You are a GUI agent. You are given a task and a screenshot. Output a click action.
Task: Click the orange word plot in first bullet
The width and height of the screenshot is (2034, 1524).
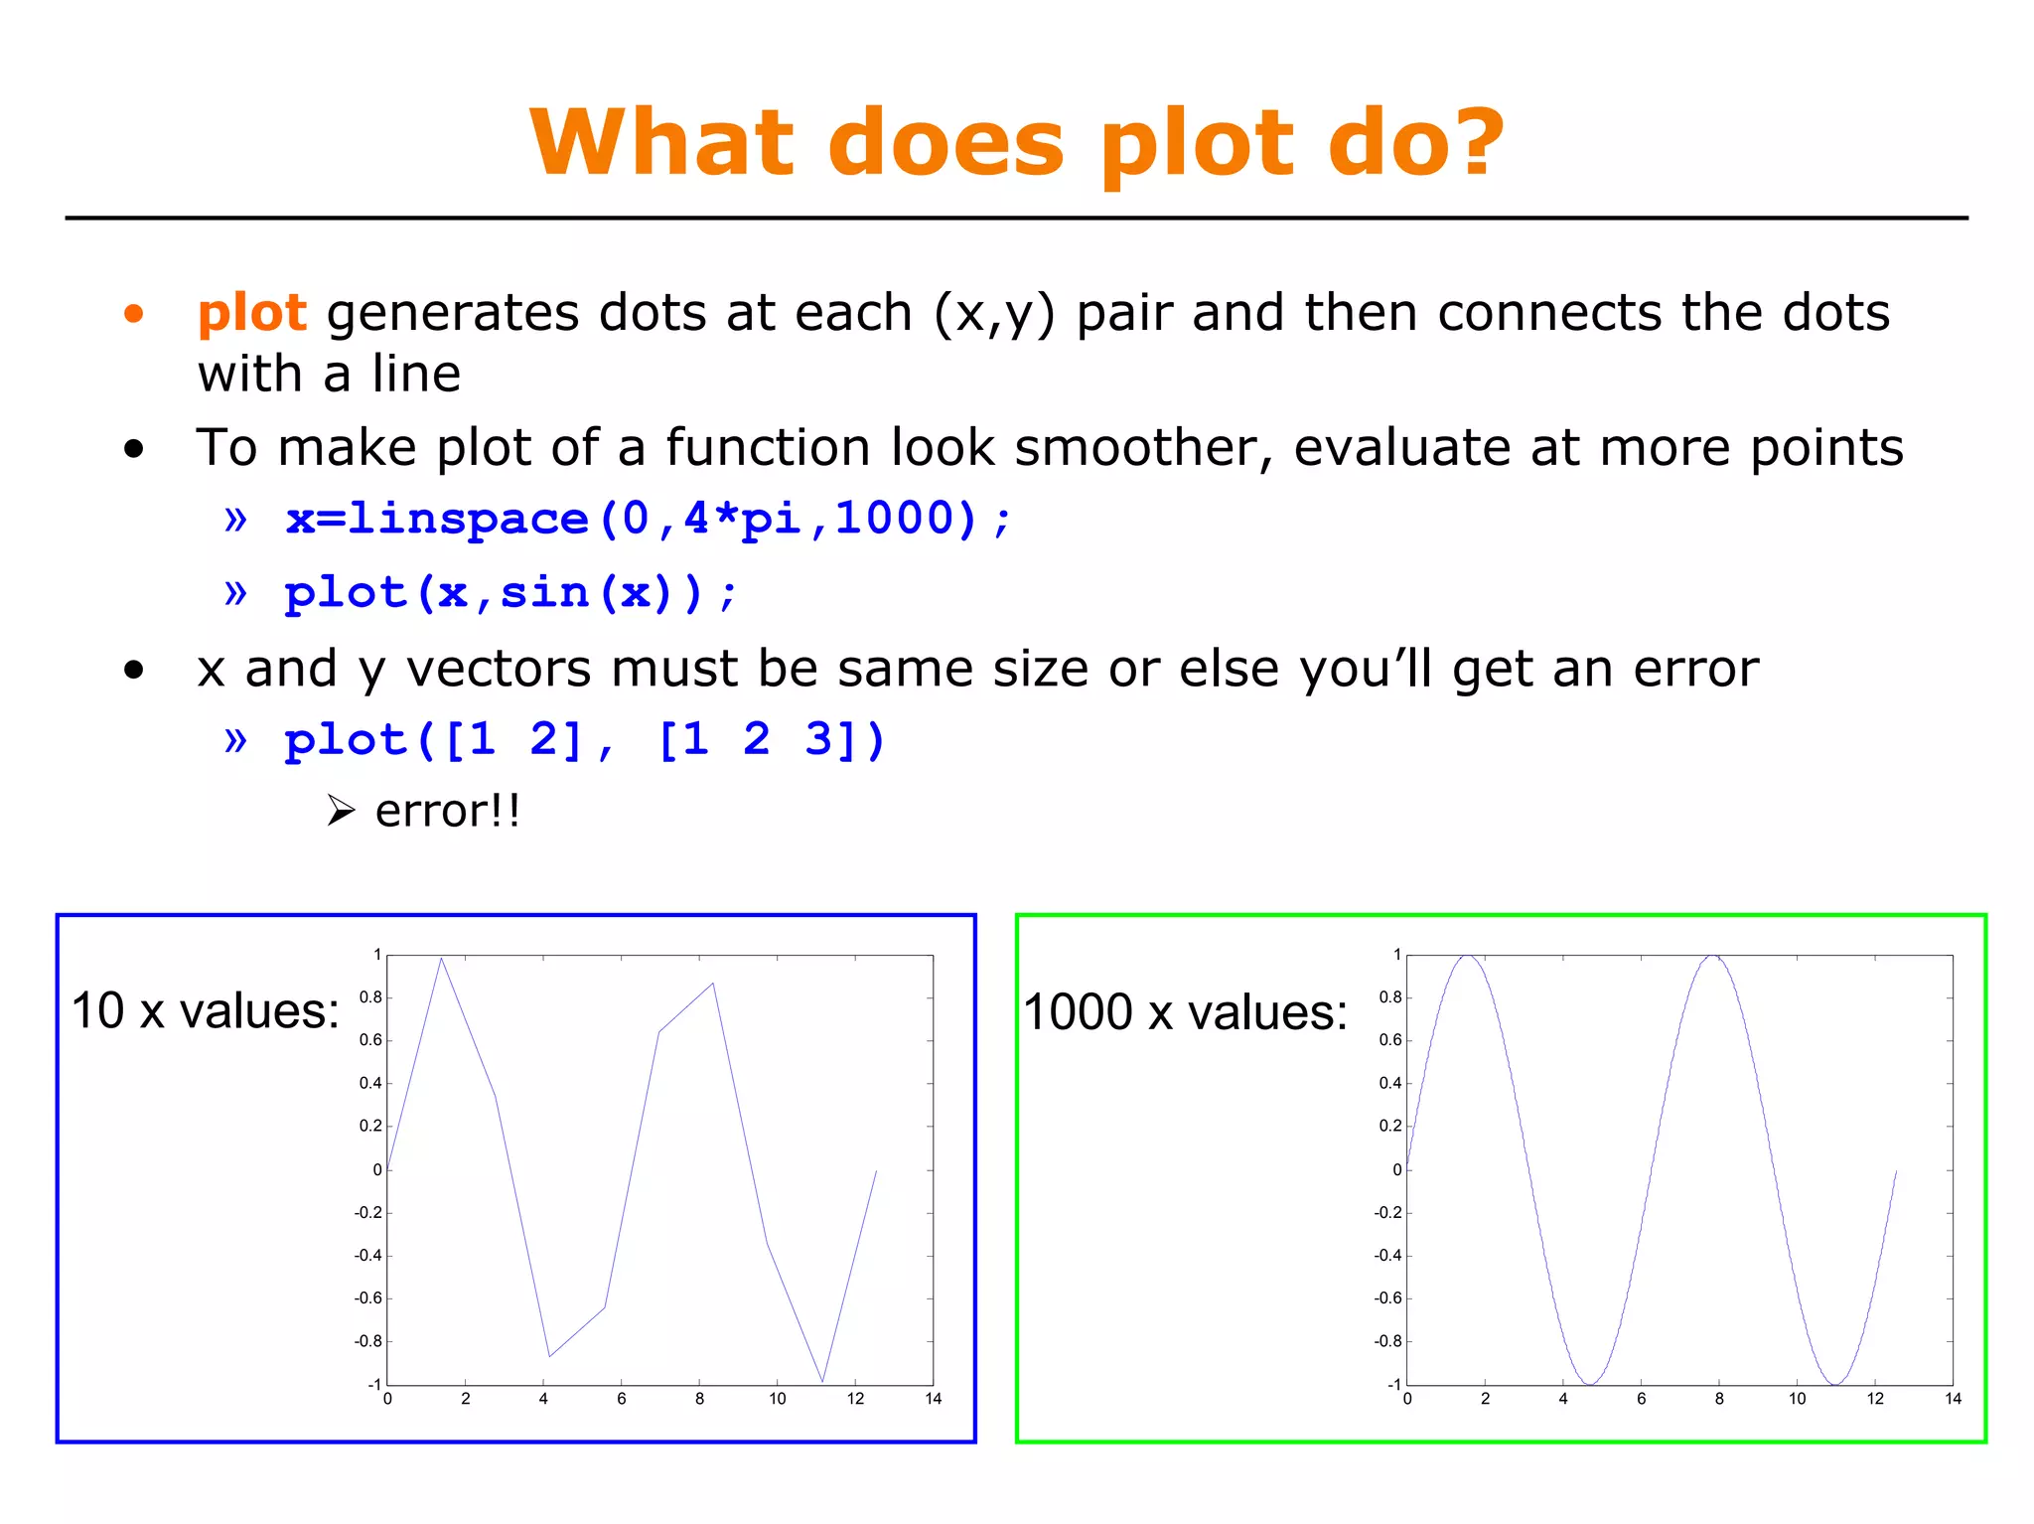[251, 313]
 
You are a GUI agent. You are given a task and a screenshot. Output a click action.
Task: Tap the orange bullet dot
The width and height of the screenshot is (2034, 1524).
[134, 315]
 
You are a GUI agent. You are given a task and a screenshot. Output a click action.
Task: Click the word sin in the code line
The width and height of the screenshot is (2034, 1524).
[544, 593]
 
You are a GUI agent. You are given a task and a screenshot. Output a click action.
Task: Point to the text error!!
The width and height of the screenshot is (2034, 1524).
[447, 811]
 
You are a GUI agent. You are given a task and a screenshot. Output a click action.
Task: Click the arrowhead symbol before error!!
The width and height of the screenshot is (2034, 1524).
[341, 811]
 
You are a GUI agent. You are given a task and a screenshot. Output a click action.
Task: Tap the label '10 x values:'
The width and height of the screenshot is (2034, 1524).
[205, 1011]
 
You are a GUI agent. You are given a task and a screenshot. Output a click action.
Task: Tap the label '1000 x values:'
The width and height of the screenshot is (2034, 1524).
[1185, 1012]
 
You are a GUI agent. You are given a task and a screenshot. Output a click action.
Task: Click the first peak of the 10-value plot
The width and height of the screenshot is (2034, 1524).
[441, 959]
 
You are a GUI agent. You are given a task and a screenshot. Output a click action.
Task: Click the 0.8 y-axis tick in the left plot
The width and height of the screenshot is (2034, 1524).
[369, 997]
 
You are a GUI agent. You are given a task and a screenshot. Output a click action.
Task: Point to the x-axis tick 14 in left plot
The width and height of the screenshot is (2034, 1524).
[933, 1399]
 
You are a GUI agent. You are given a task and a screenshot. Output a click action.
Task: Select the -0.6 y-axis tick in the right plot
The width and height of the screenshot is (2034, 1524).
[1387, 1298]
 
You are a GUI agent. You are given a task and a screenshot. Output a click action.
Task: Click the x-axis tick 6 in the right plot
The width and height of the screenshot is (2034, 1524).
[1641, 1399]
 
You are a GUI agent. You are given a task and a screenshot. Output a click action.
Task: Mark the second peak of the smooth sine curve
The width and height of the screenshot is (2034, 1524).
[1713, 957]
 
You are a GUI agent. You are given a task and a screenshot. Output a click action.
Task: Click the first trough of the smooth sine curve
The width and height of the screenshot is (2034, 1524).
[1590, 1383]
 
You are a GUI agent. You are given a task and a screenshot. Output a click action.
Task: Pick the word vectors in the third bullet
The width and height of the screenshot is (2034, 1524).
[499, 669]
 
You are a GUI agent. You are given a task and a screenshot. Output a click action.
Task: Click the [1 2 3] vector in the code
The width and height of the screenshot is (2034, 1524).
[757, 740]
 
